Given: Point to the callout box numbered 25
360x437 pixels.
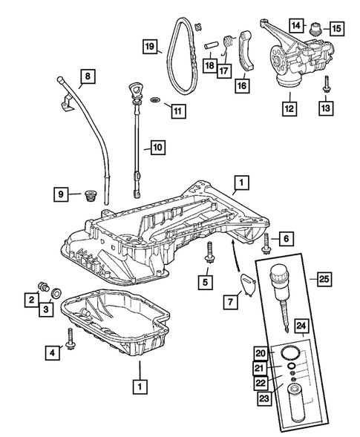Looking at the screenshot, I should [x=324, y=280].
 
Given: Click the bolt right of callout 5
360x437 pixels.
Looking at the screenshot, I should [x=211, y=252].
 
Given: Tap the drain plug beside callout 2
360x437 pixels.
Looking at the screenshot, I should [x=42, y=286].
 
